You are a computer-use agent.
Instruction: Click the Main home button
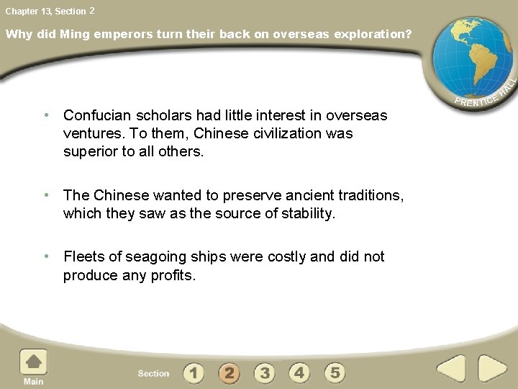(x=33, y=366)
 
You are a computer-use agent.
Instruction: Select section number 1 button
(x=194, y=372)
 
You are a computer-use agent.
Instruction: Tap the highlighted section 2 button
(x=229, y=372)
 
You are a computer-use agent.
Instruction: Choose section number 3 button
(x=264, y=372)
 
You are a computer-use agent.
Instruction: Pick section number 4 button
(x=299, y=372)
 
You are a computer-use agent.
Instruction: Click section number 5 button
(x=335, y=372)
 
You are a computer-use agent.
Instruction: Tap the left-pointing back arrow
(x=451, y=369)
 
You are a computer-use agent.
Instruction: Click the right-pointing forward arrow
(x=492, y=369)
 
